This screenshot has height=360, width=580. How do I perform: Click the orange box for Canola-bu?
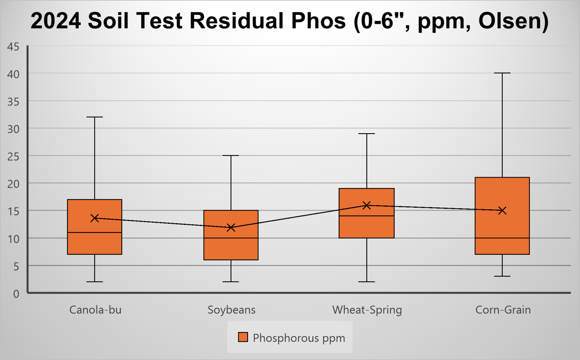coord(94,243)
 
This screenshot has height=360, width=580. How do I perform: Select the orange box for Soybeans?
coord(231,249)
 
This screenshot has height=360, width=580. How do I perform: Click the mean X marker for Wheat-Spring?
coord(367,205)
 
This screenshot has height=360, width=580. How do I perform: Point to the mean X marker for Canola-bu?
coord(94,218)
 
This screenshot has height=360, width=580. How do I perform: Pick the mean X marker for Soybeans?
coord(231,227)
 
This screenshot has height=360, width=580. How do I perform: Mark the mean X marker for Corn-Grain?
coord(502,210)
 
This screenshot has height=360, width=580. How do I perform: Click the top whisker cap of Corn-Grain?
coord(502,73)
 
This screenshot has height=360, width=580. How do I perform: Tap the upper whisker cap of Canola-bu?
coord(94,117)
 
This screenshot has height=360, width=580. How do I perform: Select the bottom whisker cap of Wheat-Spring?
coord(367,282)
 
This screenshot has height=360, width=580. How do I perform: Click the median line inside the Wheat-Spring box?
coord(367,215)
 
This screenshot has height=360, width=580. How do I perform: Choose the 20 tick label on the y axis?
coord(13,183)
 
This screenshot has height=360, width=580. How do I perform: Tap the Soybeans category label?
coord(231,310)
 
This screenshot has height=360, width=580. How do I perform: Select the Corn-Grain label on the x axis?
coord(503,310)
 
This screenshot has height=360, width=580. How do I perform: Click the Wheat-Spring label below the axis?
coord(367,310)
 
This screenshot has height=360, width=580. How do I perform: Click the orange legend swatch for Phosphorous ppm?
coord(243,337)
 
